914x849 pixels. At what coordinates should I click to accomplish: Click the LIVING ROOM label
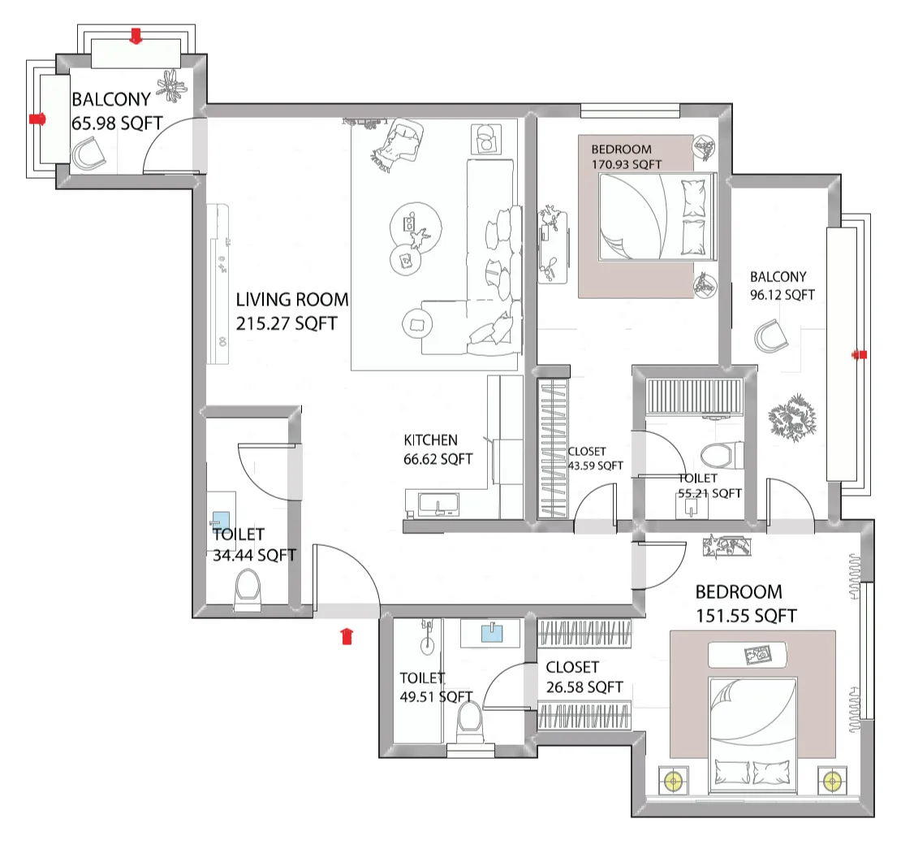pyautogui.click(x=291, y=300)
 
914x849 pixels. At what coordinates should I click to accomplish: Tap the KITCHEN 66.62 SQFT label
pyautogui.click(x=438, y=449)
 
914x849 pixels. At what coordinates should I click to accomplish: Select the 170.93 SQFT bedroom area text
pyautogui.click(x=626, y=164)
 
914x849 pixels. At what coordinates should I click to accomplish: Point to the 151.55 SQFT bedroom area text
pyautogui.click(x=746, y=616)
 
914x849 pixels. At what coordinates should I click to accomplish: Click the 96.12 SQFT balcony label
pyautogui.click(x=782, y=296)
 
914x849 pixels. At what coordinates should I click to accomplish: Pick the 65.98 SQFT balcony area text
pyautogui.click(x=117, y=122)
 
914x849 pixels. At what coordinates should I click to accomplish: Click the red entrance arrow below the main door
pyautogui.click(x=347, y=635)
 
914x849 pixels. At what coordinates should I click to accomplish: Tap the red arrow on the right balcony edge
pyautogui.click(x=860, y=354)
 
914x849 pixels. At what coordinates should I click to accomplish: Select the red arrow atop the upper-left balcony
pyautogui.click(x=136, y=34)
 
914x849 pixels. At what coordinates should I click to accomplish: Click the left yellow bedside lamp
pyautogui.click(x=673, y=781)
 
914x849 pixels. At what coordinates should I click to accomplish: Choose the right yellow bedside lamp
pyautogui.click(x=830, y=781)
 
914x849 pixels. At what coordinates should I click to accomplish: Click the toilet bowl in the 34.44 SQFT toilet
pyautogui.click(x=247, y=589)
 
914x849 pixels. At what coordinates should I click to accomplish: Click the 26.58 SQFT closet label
pyautogui.click(x=584, y=678)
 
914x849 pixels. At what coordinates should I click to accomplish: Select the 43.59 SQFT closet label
pyautogui.click(x=595, y=459)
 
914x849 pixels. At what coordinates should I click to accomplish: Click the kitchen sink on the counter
pyautogui.click(x=438, y=505)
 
